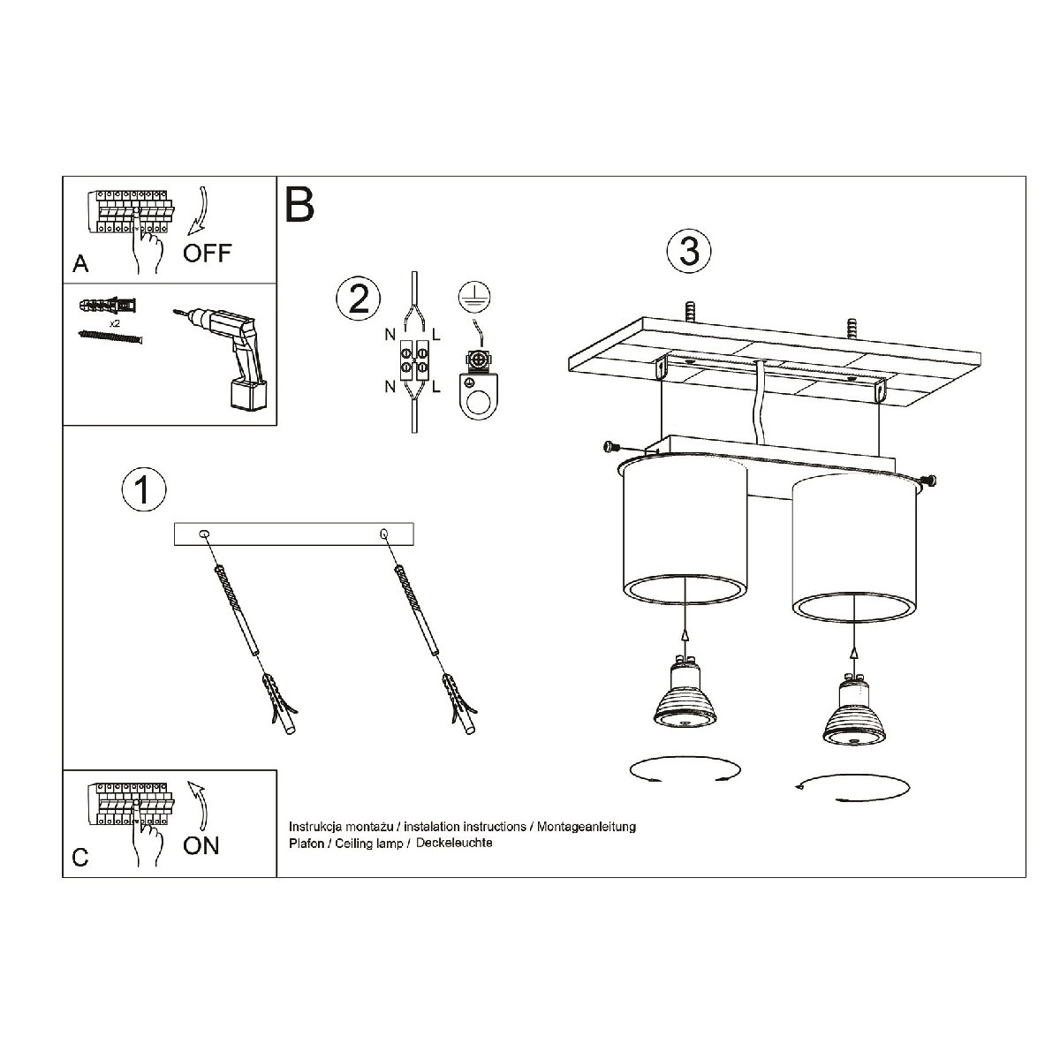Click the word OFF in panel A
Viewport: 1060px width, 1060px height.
207,254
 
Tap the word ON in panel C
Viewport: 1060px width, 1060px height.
201,845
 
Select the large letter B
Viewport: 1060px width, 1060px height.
299,205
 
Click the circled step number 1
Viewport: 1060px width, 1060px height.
144,489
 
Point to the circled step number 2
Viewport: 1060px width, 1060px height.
358,299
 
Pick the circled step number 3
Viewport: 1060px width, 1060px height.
689,251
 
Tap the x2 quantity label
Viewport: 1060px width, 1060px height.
115,323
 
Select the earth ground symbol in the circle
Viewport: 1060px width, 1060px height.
474,297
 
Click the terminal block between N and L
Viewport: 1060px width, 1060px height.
413,361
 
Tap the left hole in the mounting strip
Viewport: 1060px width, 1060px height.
203,533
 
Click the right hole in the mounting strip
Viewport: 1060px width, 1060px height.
383,533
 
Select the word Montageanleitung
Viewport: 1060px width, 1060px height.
587,827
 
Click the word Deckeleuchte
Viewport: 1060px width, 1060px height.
454,843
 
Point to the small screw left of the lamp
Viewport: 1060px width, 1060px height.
611,447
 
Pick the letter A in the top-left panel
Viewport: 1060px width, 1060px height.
80,264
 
